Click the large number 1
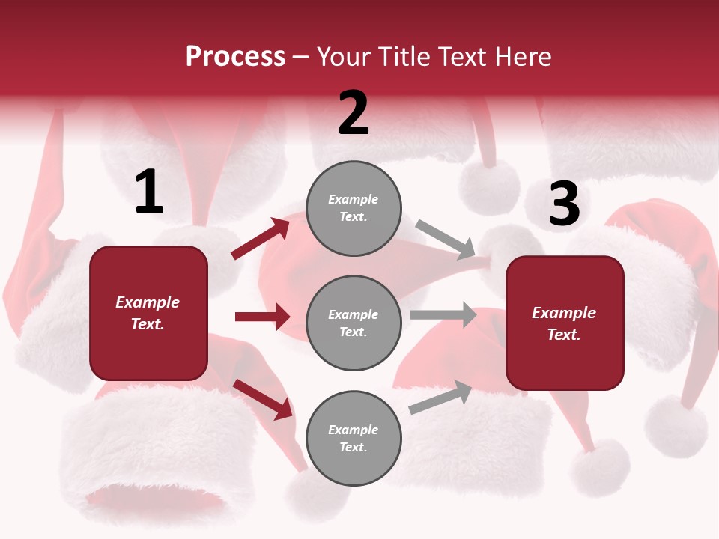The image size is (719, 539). [x=149, y=192]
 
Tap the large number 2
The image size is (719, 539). [x=354, y=113]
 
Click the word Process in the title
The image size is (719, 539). [x=235, y=56]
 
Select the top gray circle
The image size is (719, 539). [x=354, y=208]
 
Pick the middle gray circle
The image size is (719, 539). [x=354, y=323]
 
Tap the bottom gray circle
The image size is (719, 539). [x=354, y=438]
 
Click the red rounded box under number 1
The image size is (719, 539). [x=148, y=313]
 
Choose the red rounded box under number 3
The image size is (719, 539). [x=565, y=323]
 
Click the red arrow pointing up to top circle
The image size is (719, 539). [x=261, y=239]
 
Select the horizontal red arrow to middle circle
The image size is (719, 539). [x=262, y=317]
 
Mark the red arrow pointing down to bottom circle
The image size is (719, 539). [x=263, y=399]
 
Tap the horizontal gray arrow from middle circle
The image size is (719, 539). [x=443, y=315]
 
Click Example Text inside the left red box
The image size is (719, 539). [x=148, y=313]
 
